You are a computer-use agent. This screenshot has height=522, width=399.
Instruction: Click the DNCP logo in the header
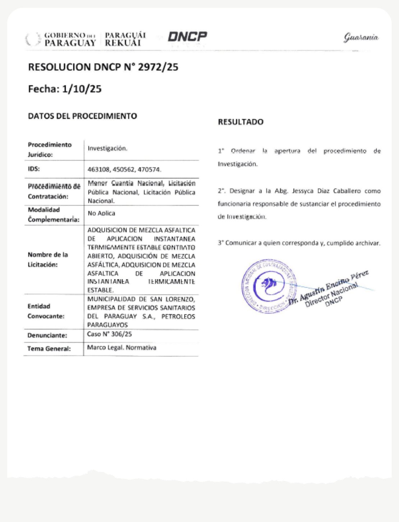pos(187,37)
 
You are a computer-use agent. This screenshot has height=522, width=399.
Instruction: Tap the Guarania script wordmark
pos(361,37)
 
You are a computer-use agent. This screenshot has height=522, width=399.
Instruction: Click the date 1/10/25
pos(82,89)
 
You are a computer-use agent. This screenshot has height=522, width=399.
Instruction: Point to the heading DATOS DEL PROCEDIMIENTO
pos(82,116)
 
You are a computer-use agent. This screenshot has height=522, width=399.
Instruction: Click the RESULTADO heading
pos(240,122)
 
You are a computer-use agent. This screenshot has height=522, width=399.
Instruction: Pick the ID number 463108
pos(98,170)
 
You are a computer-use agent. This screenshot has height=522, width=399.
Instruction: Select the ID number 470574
pos(151,170)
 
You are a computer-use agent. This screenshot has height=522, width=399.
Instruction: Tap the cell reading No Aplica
pos(101,213)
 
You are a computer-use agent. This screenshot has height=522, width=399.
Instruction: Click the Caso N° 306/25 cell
pos(109,334)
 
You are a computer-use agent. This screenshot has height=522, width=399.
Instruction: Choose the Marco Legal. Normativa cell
pos(121,348)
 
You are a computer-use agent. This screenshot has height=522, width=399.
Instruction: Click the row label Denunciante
pos(47,336)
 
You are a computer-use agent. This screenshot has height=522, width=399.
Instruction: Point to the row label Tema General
pos(49,348)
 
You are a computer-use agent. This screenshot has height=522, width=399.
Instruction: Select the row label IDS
pos(34,169)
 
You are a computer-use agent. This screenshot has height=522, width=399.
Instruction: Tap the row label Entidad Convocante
pos(46,311)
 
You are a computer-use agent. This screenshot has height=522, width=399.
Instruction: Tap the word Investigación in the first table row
pos(107,148)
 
